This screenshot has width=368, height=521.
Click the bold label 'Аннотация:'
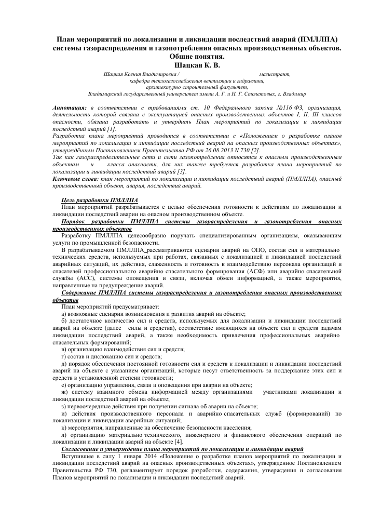[71, 107]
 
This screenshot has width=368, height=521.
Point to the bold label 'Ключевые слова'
[74, 178]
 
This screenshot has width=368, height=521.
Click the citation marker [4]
[179, 441]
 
